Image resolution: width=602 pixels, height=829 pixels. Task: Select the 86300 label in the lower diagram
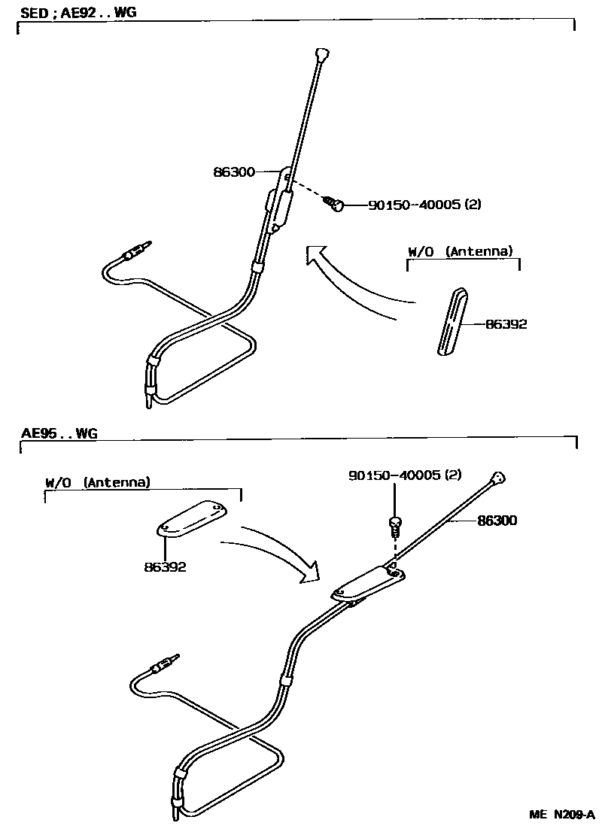496,520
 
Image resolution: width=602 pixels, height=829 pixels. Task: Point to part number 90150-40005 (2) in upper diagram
424,205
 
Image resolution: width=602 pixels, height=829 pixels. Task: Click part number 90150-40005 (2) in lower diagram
404,475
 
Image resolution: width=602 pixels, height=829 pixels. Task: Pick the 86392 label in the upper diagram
506,324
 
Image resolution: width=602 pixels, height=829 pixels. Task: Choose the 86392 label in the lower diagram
165,566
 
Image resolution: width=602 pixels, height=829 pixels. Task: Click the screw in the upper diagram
335,202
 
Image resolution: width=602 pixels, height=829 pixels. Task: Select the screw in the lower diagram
394,524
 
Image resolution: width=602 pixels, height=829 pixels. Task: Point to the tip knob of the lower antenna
497,476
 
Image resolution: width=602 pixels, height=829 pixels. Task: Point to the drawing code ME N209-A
561,815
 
